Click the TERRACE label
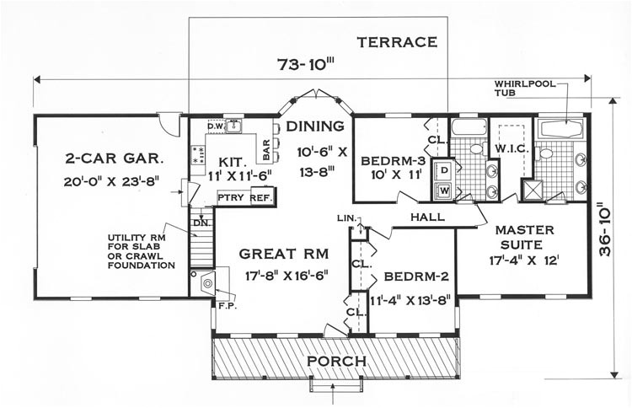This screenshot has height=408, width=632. [x=397, y=42]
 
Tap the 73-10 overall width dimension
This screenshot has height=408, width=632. [x=307, y=64]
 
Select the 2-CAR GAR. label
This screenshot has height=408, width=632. [x=114, y=158]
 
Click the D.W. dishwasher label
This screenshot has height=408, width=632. [x=215, y=126]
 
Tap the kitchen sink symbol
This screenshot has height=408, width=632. [x=233, y=126]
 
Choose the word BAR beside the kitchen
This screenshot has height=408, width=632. [x=266, y=149]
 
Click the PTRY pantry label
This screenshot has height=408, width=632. [x=231, y=197]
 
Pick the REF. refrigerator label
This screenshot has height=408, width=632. [x=262, y=198]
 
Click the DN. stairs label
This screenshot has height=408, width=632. [x=201, y=223]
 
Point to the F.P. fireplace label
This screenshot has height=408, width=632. [x=228, y=306]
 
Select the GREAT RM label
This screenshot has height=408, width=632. [x=284, y=254]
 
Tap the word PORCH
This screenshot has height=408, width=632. [x=336, y=361]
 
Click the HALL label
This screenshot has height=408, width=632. [x=427, y=217]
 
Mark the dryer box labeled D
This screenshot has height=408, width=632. [x=444, y=169]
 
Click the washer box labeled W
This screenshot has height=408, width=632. [x=444, y=191]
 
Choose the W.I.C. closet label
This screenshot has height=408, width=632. [x=511, y=148]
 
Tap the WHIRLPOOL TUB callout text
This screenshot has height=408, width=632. [x=525, y=89]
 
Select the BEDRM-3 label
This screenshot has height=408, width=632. [x=393, y=161]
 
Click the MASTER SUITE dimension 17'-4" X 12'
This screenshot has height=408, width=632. [x=524, y=260]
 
